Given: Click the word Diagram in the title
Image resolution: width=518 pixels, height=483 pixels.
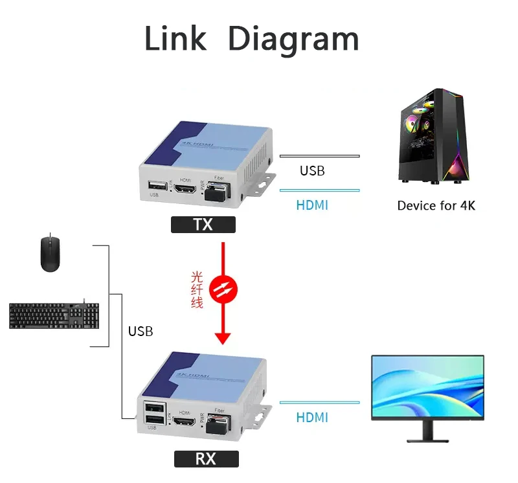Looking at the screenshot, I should click(x=293, y=39).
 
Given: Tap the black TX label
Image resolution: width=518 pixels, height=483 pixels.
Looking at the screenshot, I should click(x=203, y=225).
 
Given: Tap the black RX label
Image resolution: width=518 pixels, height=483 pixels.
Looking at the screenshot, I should click(x=206, y=459).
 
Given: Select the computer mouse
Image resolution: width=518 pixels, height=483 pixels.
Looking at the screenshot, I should click(x=50, y=254).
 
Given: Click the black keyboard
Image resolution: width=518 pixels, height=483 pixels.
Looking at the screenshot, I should click(x=54, y=315).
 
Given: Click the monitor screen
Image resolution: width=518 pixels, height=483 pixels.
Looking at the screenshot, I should click(x=427, y=387).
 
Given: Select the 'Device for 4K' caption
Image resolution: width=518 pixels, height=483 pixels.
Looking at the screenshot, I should click(x=436, y=206).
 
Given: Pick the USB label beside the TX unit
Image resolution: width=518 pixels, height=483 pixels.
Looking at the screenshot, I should click(x=312, y=171).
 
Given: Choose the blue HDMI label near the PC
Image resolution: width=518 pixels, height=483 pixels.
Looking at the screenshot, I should click(x=312, y=205).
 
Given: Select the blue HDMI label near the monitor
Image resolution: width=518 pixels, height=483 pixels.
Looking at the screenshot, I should click(x=312, y=418).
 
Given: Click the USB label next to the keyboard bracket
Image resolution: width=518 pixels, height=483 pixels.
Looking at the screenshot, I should click(x=141, y=331).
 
